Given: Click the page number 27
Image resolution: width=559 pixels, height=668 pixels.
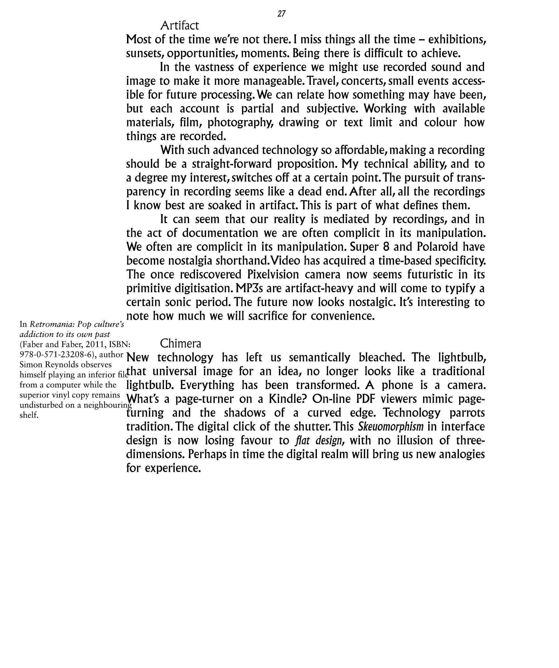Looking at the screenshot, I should tap(281, 14).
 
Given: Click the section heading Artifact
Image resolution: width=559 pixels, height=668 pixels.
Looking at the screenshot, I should tap(180, 25).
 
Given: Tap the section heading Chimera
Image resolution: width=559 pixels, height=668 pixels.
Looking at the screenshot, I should tap(180, 344).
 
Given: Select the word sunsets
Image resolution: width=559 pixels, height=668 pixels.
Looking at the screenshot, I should tap(145, 53).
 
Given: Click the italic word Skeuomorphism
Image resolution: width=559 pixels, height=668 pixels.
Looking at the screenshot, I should tap(391, 426).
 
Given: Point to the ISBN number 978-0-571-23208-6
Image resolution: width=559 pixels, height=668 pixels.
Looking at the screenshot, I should tap(56, 354).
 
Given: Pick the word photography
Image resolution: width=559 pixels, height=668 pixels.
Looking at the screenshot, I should tap(240, 122).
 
